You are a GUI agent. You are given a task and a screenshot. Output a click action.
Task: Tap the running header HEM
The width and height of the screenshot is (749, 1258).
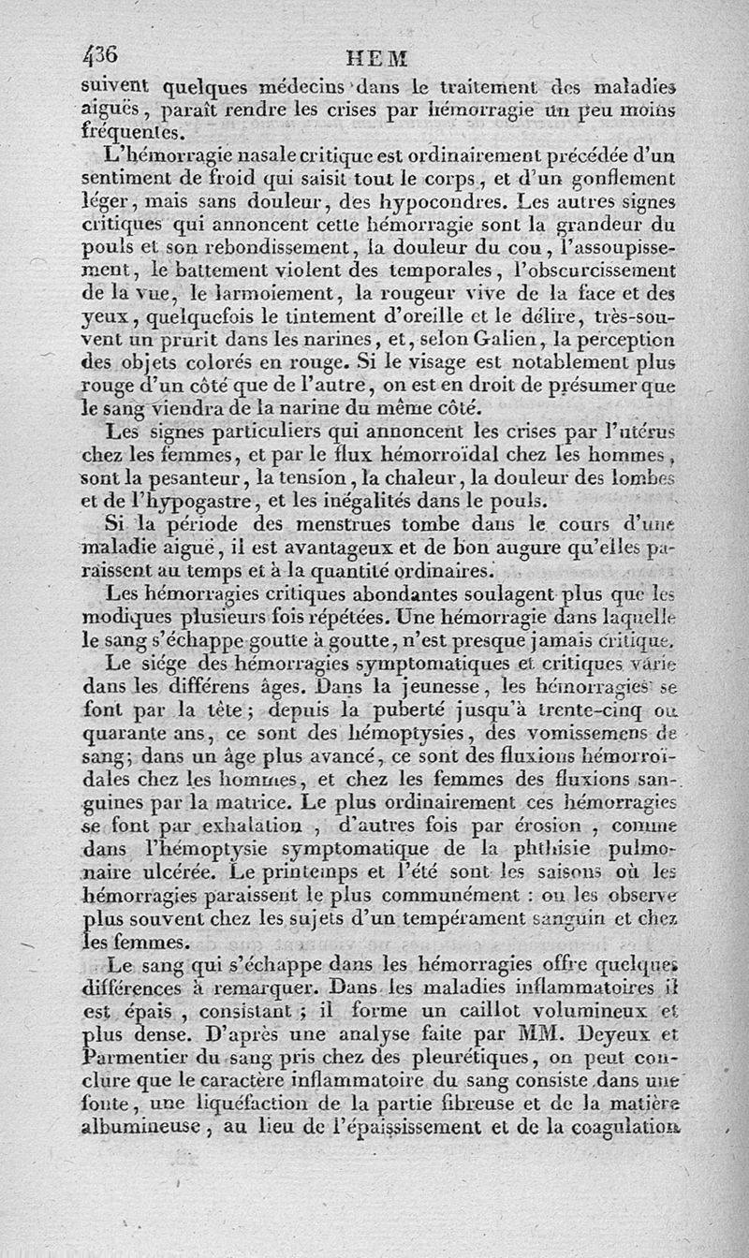click(x=377, y=57)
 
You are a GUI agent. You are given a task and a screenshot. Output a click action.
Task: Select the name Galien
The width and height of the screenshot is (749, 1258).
click(x=532, y=338)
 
